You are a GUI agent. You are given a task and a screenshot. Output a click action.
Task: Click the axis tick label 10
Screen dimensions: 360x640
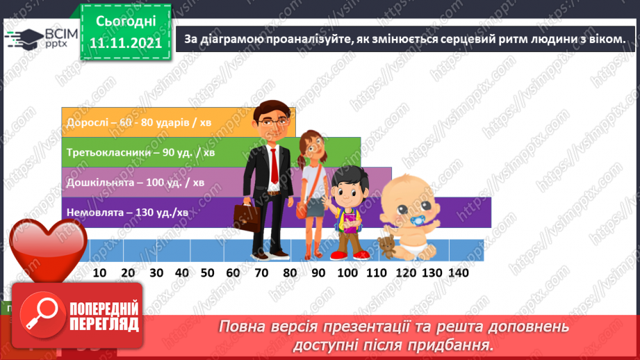click(99, 272)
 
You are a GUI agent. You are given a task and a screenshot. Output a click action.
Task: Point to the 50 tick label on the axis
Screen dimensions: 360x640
click(208, 272)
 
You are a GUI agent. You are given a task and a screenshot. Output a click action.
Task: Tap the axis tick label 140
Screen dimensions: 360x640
click(458, 272)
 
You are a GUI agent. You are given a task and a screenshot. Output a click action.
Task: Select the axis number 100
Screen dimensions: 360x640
click(347, 272)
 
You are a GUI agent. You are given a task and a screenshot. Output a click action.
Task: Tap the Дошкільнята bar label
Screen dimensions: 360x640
click(135, 183)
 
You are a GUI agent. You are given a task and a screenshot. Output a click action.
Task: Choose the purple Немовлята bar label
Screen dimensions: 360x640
click(126, 212)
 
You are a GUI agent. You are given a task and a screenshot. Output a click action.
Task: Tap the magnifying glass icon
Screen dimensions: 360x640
click(40, 313)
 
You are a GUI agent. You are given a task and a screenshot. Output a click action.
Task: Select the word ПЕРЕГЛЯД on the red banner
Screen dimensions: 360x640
click(104, 323)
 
